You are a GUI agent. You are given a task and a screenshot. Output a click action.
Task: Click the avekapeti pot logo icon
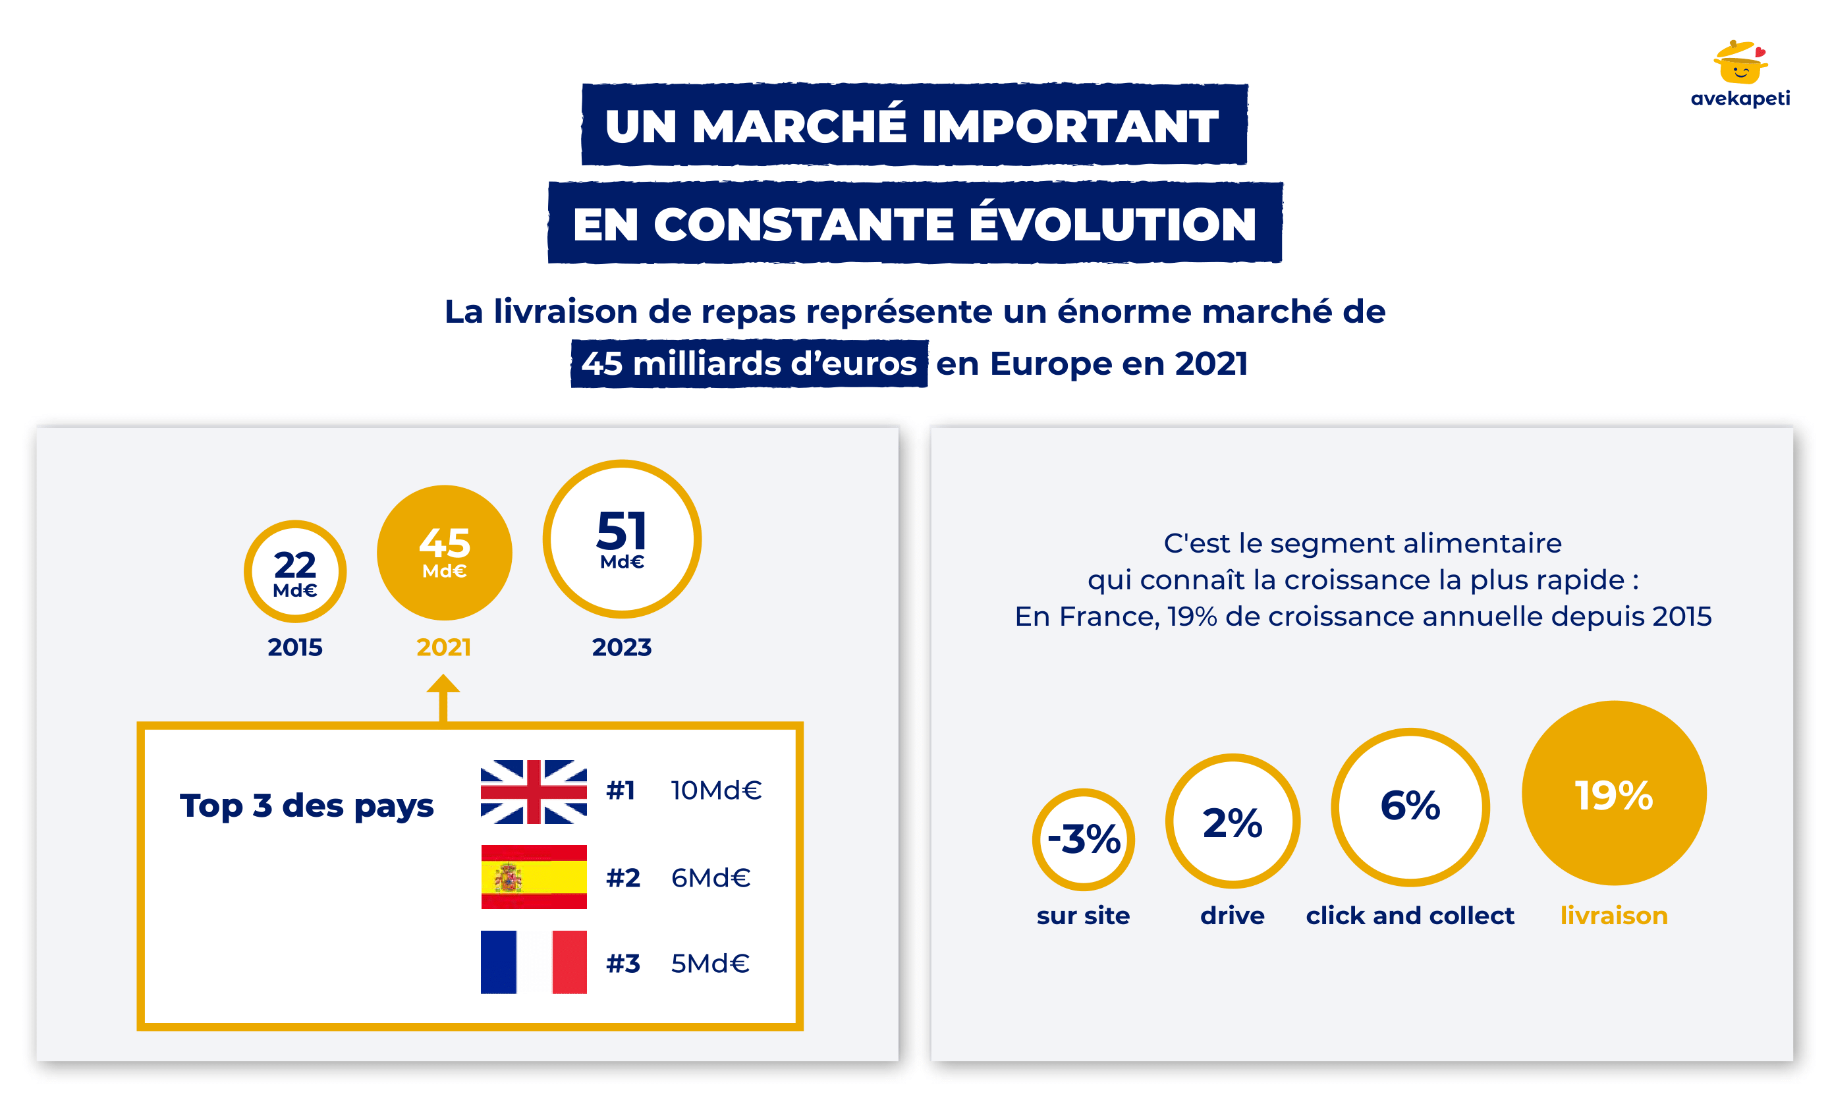(1740, 62)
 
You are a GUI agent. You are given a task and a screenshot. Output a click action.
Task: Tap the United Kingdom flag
(534, 792)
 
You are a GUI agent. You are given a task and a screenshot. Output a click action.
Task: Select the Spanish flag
(534, 877)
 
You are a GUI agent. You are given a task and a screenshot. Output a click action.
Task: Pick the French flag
(534, 962)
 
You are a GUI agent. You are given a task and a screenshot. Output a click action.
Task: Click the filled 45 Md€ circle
(444, 553)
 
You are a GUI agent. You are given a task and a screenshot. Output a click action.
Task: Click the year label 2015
(295, 647)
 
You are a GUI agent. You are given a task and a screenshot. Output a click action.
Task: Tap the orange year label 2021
(444, 647)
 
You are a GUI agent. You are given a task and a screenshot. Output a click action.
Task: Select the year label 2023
(622, 647)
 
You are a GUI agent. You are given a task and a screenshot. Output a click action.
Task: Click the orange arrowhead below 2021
(443, 684)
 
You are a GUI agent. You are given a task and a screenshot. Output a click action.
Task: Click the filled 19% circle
(1614, 793)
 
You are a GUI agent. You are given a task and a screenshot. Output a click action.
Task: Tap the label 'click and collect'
(1410, 916)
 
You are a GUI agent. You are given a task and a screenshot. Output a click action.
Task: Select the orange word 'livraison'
(1614, 916)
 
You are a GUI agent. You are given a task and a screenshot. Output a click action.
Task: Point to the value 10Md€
(716, 790)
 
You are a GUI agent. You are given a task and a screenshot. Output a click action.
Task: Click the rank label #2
(623, 877)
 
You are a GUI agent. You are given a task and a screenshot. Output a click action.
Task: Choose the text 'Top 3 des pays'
(306, 806)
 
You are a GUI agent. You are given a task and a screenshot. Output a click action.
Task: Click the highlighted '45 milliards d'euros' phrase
(749, 364)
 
